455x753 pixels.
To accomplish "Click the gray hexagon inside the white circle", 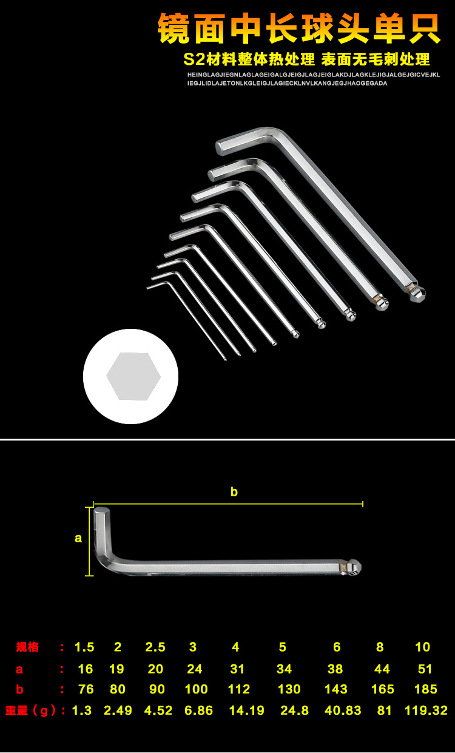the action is click(x=133, y=376).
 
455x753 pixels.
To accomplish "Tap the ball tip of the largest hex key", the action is click(x=418, y=294).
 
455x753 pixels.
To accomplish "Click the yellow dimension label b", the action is click(x=234, y=491).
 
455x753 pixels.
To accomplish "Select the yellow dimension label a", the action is click(x=78, y=538).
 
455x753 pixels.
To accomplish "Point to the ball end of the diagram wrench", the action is click(x=354, y=567).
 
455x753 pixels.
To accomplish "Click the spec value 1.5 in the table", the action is click(x=84, y=647).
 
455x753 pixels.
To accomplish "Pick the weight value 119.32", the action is click(x=426, y=711).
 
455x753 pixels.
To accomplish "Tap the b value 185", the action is click(x=426, y=689).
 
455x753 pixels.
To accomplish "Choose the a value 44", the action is click(x=382, y=669).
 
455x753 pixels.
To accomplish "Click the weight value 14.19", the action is click(x=246, y=711).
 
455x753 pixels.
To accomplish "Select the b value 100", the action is click(x=196, y=689).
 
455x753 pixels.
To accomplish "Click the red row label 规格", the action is click(x=27, y=647).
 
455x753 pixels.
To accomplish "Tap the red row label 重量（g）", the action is click(x=30, y=711).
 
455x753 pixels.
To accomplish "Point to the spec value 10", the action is click(x=422, y=647).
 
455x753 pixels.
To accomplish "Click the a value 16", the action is click(x=86, y=669).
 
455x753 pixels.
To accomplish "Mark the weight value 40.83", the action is click(x=343, y=711).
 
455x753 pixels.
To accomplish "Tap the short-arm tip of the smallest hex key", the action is click(x=148, y=288).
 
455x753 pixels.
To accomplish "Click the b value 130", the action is click(x=289, y=689).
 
